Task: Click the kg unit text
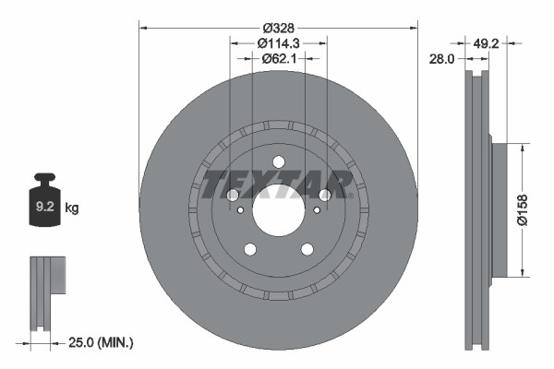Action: [72, 208]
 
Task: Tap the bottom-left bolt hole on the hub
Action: [249, 247]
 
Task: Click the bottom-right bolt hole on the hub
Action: [307, 247]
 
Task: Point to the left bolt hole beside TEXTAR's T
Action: [231, 195]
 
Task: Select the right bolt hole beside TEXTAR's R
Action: [325, 195]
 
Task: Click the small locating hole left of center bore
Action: [241, 210]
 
